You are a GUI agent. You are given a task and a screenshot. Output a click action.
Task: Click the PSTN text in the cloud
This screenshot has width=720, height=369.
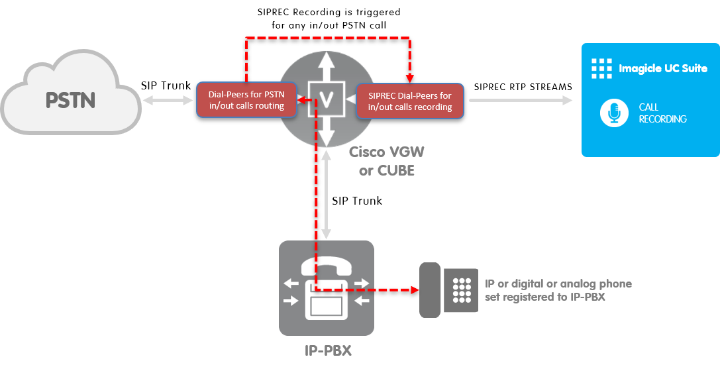pyautogui.click(x=70, y=101)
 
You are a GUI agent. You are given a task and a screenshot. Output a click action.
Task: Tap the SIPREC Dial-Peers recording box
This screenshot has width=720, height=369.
pyautogui.click(x=410, y=101)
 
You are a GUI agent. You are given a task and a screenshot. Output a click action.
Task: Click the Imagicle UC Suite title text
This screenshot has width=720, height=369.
pyautogui.click(x=662, y=68)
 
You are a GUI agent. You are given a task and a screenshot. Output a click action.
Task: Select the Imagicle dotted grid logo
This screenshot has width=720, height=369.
pyautogui.click(x=601, y=68)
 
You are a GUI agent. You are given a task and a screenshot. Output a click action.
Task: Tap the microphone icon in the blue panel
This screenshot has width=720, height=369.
pyautogui.click(x=614, y=113)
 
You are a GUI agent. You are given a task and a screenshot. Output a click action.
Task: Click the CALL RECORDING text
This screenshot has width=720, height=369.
pyautogui.click(x=662, y=113)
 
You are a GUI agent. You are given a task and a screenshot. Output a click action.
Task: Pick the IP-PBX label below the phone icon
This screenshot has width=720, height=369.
pyautogui.click(x=328, y=350)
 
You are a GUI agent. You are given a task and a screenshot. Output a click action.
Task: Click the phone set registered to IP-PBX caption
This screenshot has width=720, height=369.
pyautogui.click(x=558, y=290)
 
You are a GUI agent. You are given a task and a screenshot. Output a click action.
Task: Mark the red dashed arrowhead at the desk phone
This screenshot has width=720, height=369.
pyautogui.click(x=414, y=290)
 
